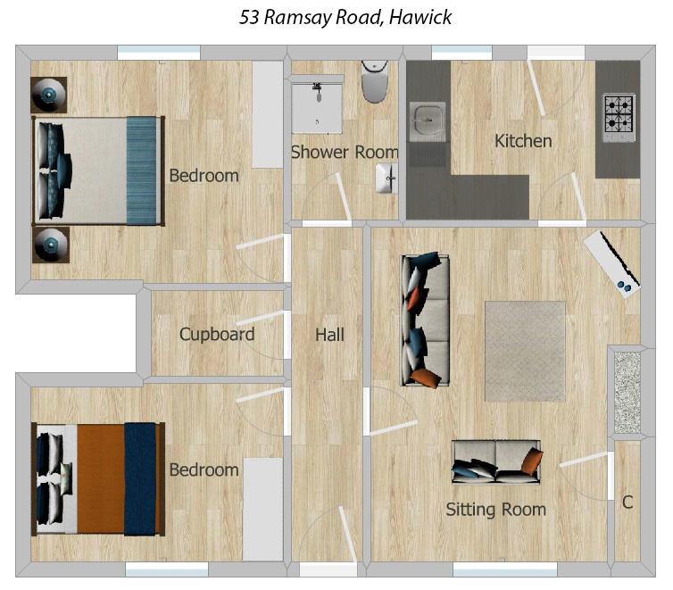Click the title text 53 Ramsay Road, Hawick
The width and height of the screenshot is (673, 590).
(345, 17)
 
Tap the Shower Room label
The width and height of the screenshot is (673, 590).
(344, 153)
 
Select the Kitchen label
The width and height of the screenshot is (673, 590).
(523, 141)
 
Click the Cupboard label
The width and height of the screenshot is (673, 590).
(217, 335)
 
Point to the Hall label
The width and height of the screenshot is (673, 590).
(329, 335)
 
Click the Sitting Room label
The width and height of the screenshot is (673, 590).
(495, 510)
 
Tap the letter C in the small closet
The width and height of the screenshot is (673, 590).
(627, 503)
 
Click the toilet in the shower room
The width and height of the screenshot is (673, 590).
(376, 82)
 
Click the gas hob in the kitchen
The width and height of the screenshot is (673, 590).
(619, 113)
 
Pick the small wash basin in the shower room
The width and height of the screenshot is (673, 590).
(387, 177)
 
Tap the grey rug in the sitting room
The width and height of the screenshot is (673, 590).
(525, 351)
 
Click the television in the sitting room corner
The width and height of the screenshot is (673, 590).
(613, 261)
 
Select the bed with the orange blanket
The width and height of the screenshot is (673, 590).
(98, 478)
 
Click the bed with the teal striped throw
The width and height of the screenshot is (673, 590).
(99, 170)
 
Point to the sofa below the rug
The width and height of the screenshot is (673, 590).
(496, 461)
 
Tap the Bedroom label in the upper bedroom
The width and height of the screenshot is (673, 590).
(204, 176)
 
